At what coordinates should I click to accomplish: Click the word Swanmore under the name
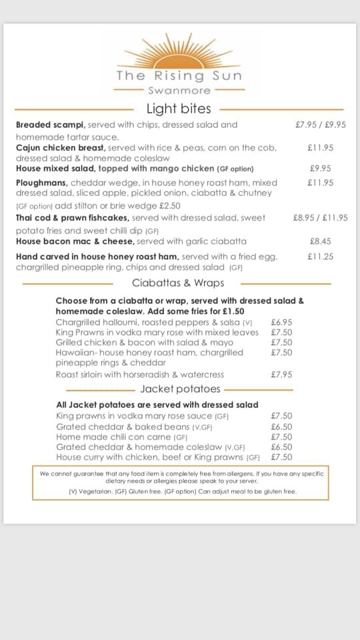click(x=179, y=91)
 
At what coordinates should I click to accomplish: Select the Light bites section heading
click(x=179, y=109)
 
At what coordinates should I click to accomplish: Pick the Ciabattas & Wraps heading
click(x=178, y=283)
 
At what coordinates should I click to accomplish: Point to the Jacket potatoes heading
click(x=180, y=389)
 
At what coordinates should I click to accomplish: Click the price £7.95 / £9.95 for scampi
click(x=321, y=125)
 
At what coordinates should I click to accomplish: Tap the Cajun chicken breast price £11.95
click(x=321, y=148)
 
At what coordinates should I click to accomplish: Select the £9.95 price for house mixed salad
click(x=321, y=169)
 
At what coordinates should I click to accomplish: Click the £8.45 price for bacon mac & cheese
click(x=321, y=241)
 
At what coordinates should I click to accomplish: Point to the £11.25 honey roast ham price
click(x=321, y=256)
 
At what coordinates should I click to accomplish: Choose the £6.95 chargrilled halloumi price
click(x=281, y=322)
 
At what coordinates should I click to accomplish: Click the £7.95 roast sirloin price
click(x=281, y=375)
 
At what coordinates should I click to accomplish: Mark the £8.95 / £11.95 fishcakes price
click(x=320, y=218)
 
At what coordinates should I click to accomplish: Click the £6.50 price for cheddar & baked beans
click(x=281, y=427)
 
